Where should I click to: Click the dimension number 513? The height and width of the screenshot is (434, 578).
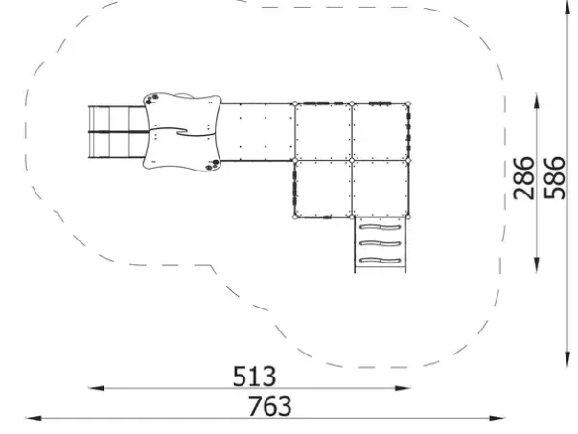(254, 376)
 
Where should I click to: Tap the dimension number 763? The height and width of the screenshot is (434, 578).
(270, 405)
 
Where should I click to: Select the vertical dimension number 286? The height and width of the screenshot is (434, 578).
(523, 178)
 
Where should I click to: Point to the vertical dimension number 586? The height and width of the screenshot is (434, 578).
(555, 178)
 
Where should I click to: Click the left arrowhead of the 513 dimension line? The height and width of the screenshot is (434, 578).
(96, 388)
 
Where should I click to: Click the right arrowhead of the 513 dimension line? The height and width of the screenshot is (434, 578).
(403, 388)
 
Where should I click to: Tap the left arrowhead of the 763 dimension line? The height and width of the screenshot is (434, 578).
(34, 418)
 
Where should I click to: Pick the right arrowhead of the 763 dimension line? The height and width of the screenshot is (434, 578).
(497, 418)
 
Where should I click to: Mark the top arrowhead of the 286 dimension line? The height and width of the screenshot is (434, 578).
(537, 101)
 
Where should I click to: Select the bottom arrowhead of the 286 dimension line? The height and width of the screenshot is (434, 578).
(537, 265)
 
